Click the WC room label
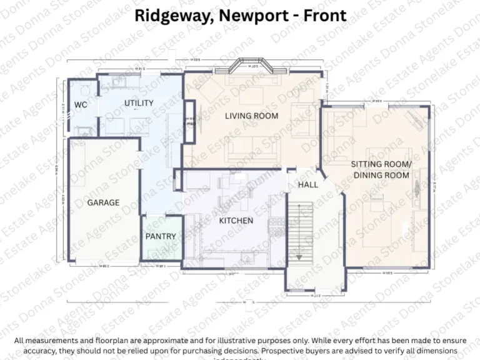(81, 104)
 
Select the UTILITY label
(139, 103)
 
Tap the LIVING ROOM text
(251, 116)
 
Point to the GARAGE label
(103, 202)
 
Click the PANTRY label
(161, 236)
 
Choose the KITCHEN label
(236, 221)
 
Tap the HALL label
(307, 184)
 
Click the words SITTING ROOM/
(381, 164)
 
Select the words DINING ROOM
(381, 175)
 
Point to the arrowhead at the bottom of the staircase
(299, 256)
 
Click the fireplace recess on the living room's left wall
(189, 119)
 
